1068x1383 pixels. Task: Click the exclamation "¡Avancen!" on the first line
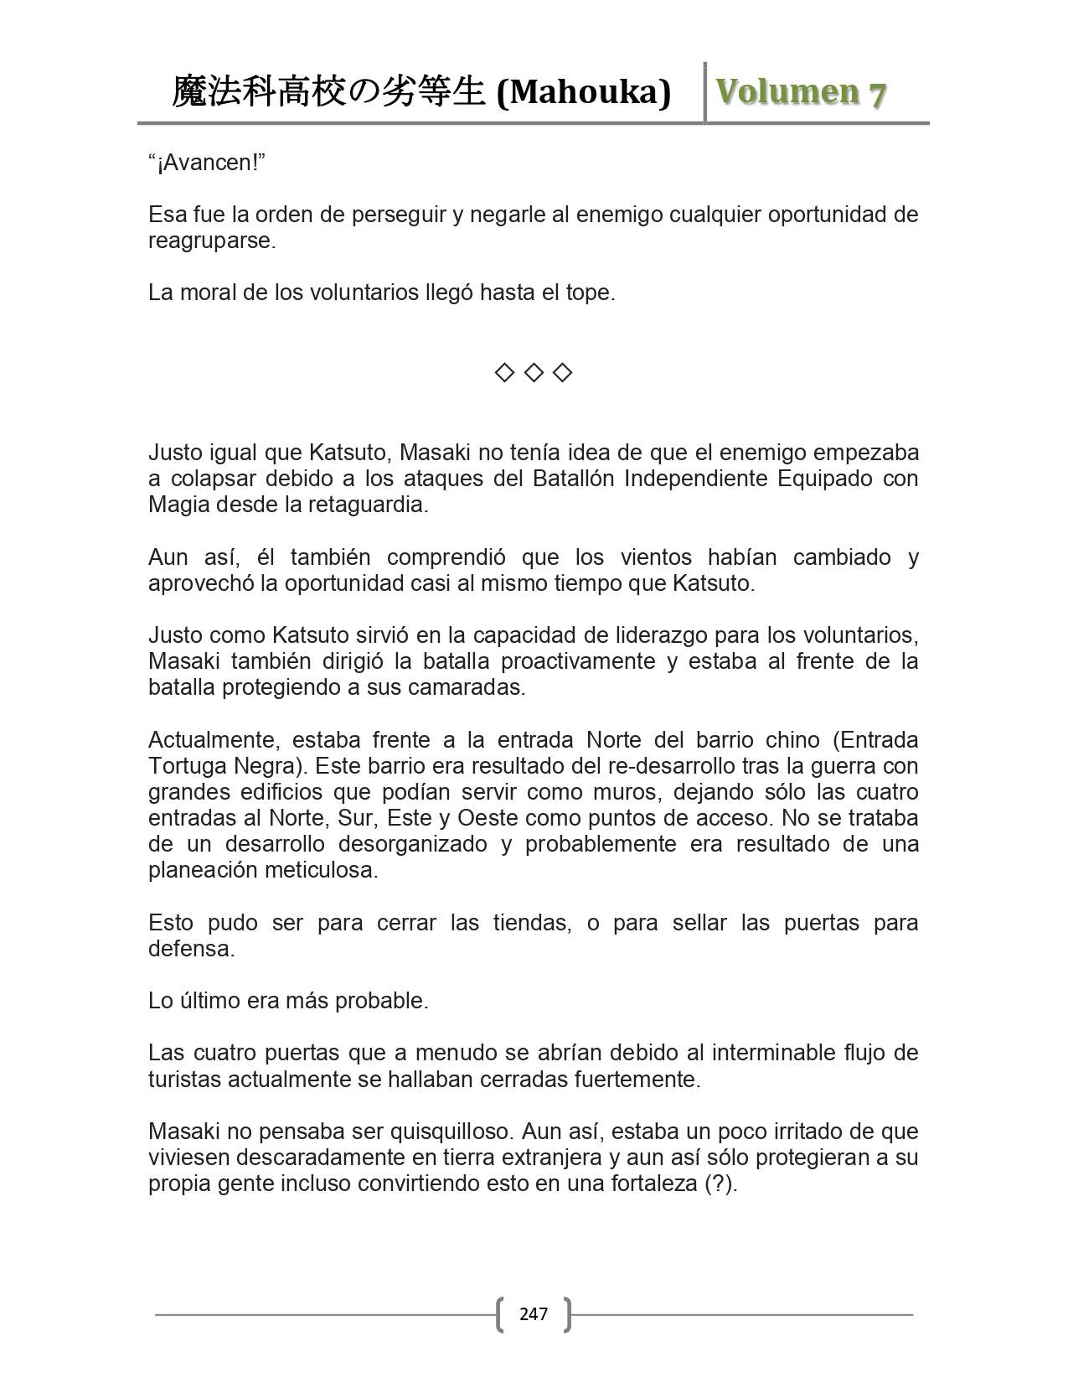[x=207, y=163]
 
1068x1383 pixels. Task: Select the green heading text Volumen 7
[x=801, y=92]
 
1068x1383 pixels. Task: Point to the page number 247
[x=534, y=1313]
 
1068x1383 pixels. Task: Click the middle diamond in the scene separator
[x=534, y=372]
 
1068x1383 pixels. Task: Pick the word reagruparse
[x=211, y=241]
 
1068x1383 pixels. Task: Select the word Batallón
[x=574, y=479]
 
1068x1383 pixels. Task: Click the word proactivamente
[x=578, y=661]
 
